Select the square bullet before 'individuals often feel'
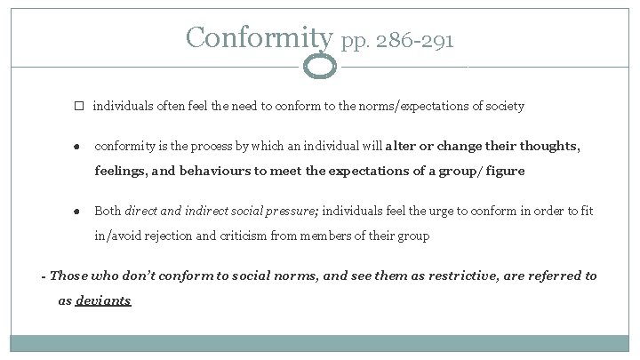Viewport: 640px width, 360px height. pos(78,106)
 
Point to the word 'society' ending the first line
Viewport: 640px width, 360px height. pos(503,106)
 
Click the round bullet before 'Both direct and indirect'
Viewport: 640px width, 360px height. pos(78,212)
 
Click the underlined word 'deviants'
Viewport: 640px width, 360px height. pos(103,300)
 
